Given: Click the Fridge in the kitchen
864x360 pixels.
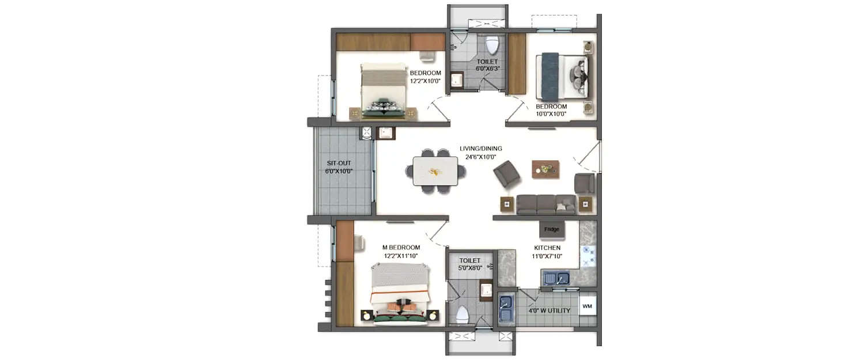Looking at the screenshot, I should (x=551, y=229).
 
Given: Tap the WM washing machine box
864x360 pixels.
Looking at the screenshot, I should (x=587, y=306).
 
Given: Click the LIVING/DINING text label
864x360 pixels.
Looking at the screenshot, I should (x=480, y=148).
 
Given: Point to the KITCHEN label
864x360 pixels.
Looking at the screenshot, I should (x=547, y=248).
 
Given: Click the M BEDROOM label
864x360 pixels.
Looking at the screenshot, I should (x=401, y=248).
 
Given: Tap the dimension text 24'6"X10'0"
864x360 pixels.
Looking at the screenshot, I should (x=480, y=157).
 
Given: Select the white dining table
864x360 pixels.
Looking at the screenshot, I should (x=435, y=172).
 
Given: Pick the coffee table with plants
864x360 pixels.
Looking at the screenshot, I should (x=545, y=169).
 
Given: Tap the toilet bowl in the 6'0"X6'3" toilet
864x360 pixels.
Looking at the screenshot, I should (x=491, y=44).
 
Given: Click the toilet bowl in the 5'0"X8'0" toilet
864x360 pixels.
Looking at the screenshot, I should (x=462, y=314).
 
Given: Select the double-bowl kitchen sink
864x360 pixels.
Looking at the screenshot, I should (x=555, y=279).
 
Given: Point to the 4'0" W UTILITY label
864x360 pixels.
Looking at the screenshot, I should (x=550, y=311).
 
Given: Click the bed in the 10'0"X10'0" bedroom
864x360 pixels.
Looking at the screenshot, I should (x=562, y=75).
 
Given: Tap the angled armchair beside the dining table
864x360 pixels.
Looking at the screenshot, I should (x=507, y=173).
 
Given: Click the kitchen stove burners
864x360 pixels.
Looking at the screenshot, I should (x=588, y=257).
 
